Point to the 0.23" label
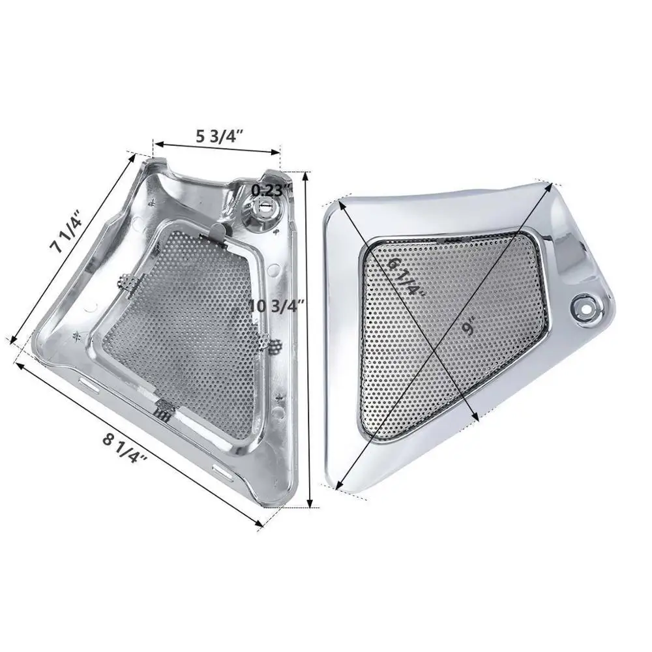click(x=271, y=189)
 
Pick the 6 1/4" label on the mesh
click(x=405, y=277)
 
